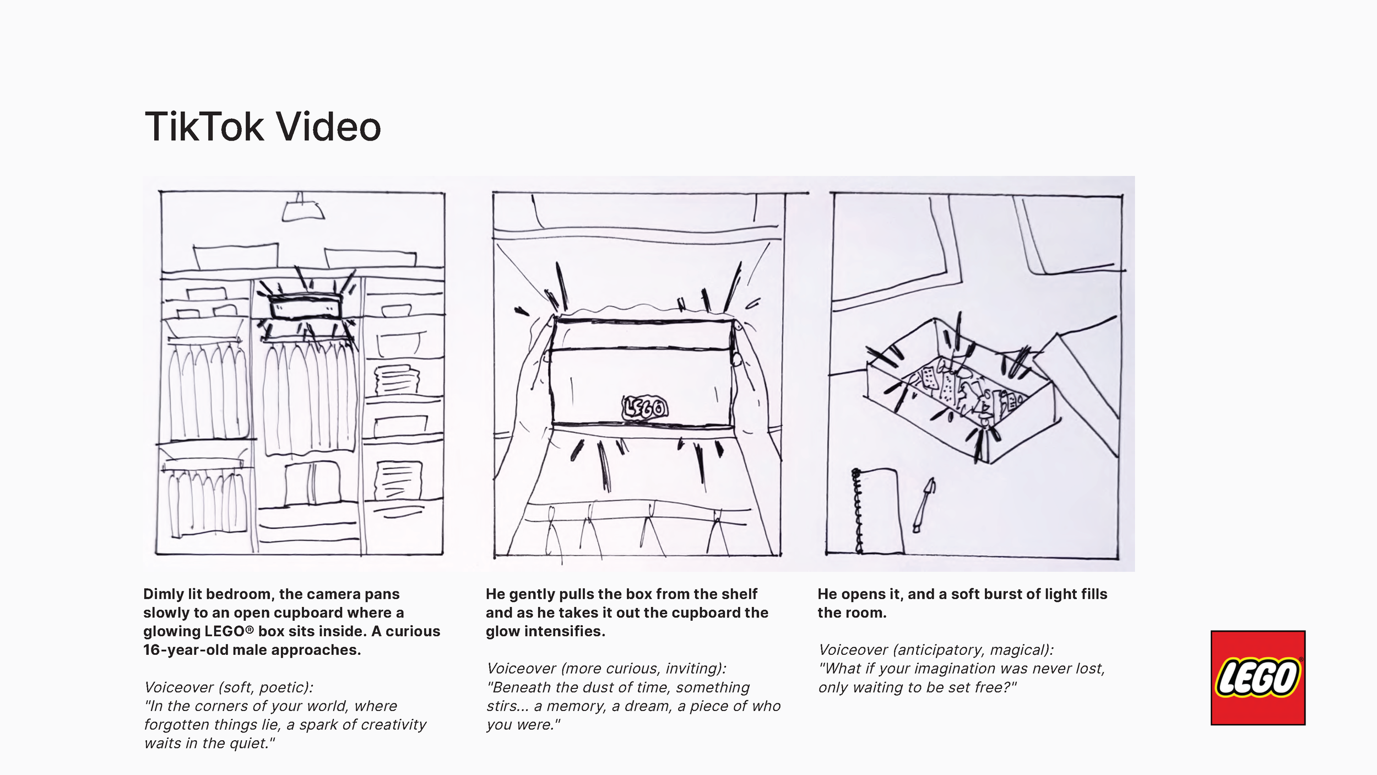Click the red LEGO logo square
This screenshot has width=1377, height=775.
click(1257, 677)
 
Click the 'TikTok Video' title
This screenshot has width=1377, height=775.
click(263, 127)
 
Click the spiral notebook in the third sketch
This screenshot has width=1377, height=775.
click(877, 510)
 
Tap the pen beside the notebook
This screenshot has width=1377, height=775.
click(924, 505)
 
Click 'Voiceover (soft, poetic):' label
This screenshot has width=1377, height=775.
click(229, 687)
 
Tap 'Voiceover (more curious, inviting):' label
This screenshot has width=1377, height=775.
click(606, 669)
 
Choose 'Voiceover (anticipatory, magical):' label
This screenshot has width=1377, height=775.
click(936, 650)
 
